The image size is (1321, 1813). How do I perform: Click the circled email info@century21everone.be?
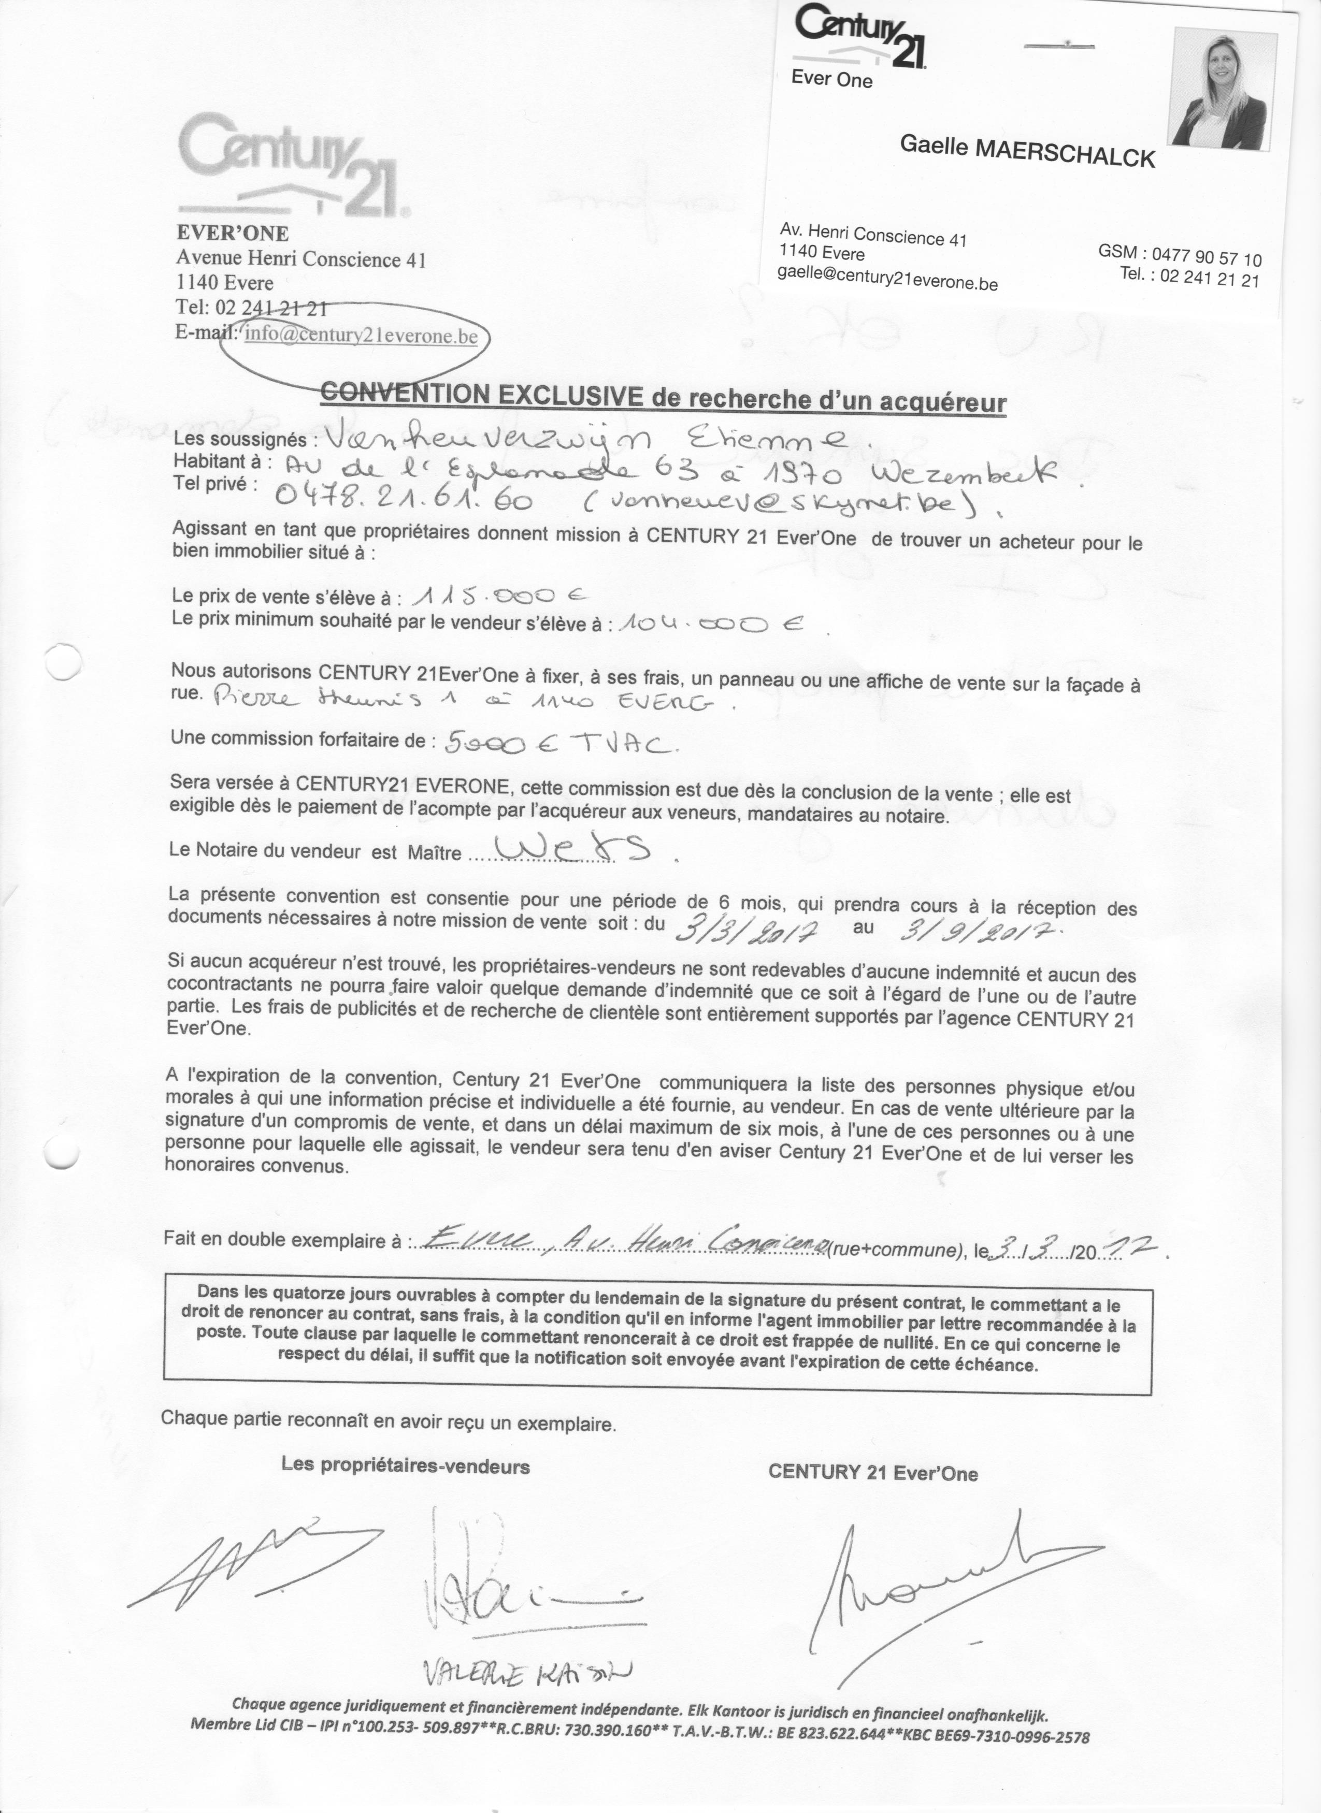(362, 335)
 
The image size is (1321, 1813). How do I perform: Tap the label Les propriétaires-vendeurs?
(406, 1466)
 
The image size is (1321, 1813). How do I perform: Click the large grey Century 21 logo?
(291, 166)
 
